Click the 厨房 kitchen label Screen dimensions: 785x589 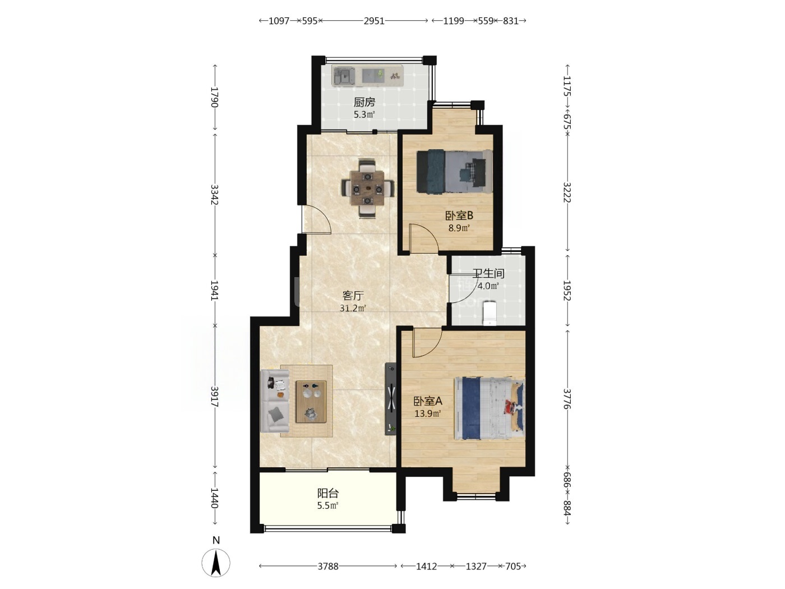coord(364,102)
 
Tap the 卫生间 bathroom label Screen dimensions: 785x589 coord(488,274)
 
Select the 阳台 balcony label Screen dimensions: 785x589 coord(327,494)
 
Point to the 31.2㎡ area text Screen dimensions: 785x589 coord(353,308)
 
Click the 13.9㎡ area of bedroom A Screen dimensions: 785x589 coord(427,414)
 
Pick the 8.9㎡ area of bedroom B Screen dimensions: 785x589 coord(459,228)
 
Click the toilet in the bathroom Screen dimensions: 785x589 coord(490,313)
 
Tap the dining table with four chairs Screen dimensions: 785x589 coord(368,188)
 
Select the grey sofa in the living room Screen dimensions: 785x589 coord(275,401)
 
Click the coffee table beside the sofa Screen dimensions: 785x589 coord(311,402)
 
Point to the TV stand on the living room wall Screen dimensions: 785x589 coord(390,399)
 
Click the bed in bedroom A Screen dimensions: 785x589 coord(490,408)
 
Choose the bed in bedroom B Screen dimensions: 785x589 coord(455,172)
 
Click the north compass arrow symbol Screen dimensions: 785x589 coord(216,563)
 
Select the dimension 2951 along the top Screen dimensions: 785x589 coord(374,21)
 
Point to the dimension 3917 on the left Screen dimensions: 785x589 coord(214,396)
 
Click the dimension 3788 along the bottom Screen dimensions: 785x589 coord(328,566)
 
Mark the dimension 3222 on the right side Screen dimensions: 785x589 coord(567,192)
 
